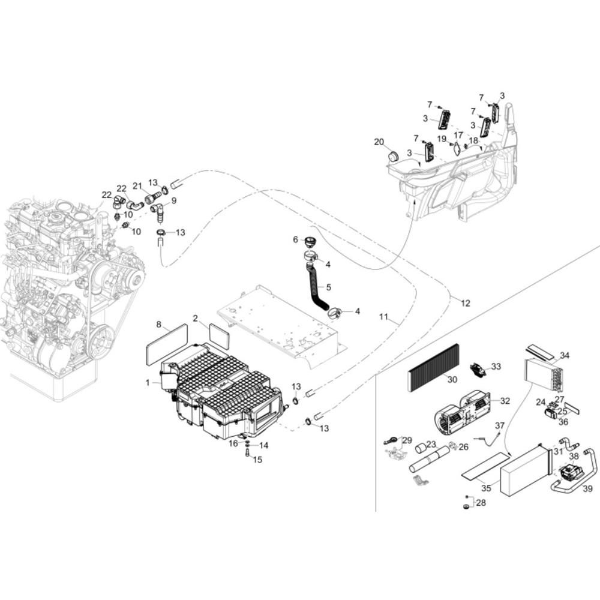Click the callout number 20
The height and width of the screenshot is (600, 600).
coord(379,142)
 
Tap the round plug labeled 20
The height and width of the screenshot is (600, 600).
coord(392,156)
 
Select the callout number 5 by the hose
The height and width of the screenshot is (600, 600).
coord(328,287)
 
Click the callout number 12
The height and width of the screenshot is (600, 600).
coord(465,304)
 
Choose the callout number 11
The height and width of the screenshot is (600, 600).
coord(383,317)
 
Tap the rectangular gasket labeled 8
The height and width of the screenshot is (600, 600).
coord(167,344)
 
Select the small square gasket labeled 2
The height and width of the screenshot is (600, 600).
coord(220,336)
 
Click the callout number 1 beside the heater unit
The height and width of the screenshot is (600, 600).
coord(148,382)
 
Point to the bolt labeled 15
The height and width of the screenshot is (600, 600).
coord(247,454)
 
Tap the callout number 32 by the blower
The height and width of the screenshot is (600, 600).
coord(505,401)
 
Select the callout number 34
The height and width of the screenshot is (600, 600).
coord(565,355)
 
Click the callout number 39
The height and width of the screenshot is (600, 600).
coord(588,488)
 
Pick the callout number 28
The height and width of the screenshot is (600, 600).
coord(481,502)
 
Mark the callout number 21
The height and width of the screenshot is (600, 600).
coord(137,186)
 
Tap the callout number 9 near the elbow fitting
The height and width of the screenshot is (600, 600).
coord(174,200)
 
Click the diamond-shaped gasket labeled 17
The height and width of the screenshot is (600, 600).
coord(457,149)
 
